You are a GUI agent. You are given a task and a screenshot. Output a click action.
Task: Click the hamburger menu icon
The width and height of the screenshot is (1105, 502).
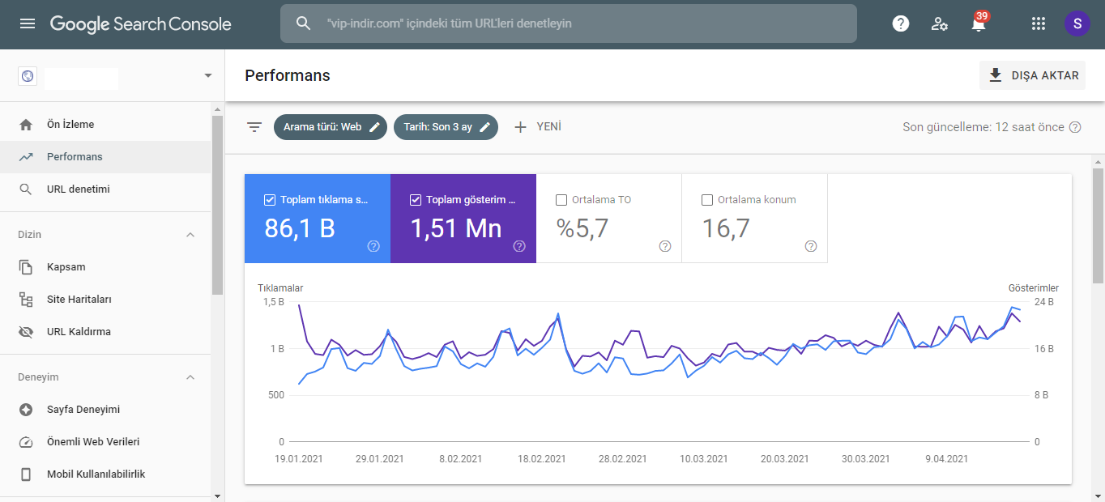click(28, 23)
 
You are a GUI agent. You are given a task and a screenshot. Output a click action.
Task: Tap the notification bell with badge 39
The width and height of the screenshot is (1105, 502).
click(979, 23)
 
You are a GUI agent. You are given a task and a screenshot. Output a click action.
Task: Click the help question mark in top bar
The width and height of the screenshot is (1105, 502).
click(901, 23)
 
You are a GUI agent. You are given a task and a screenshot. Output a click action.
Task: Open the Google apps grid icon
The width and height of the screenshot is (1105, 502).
click(1039, 23)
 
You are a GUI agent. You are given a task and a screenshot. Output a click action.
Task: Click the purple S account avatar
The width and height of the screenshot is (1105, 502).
click(1077, 23)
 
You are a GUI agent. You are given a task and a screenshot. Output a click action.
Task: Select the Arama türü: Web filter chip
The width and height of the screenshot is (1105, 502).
click(331, 127)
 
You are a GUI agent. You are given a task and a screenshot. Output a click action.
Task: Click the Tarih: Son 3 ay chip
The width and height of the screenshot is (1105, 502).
click(446, 127)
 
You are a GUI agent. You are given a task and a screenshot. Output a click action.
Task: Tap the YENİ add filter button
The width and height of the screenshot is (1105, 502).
click(538, 127)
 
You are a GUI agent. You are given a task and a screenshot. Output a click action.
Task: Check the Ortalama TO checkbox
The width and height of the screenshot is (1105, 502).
click(561, 200)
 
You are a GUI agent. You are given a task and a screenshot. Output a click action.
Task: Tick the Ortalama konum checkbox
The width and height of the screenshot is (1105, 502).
click(707, 200)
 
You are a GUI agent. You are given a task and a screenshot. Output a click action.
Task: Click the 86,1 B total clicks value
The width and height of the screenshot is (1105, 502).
click(300, 228)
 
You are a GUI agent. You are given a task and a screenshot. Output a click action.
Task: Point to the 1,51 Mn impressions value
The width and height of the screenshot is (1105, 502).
click(456, 228)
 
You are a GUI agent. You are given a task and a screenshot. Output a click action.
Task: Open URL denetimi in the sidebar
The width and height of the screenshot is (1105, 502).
click(78, 189)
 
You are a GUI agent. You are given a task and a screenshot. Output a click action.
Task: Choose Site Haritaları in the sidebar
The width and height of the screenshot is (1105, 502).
click(79, 300)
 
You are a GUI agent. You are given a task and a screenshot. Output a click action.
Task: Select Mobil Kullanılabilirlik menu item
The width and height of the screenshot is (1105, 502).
click(96, 474)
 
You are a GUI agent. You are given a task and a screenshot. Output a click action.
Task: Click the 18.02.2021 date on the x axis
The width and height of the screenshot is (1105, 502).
click(542, 459)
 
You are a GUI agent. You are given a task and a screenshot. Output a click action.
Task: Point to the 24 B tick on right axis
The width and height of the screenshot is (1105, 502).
click(1043, 302)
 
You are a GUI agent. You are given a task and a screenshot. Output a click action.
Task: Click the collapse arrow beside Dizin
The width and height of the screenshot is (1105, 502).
click(190, 235)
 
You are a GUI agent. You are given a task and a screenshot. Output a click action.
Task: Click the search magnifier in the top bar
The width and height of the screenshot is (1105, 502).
click(303, 23)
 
